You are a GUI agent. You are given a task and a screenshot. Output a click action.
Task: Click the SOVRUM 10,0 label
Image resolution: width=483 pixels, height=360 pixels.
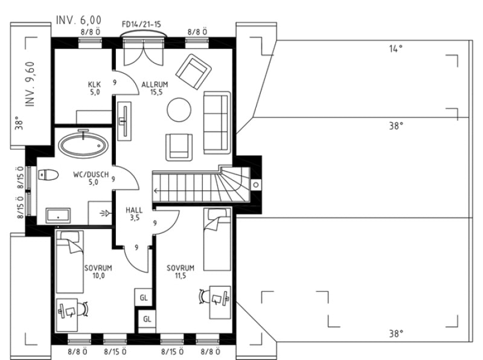point(98,272)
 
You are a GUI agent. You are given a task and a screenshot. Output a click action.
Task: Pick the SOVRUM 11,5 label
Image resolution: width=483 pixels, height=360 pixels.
point(181,272)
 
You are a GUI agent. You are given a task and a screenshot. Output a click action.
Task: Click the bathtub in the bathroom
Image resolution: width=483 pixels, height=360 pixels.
point(83,146)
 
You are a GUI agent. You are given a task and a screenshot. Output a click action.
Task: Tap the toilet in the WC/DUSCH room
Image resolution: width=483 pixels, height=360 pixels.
point(48,175)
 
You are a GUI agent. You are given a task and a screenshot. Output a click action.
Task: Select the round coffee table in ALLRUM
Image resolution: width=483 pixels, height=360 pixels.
point(179,110)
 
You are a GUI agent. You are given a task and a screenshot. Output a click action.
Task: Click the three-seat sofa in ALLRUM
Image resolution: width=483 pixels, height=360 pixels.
point(217,123)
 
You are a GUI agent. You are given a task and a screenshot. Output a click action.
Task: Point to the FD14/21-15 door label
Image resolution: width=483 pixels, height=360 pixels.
point(141,24)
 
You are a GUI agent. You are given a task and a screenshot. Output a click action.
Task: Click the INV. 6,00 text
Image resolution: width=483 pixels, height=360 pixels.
point(78,20)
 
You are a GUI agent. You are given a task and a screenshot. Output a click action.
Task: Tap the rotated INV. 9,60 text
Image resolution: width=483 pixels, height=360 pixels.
point(30,84)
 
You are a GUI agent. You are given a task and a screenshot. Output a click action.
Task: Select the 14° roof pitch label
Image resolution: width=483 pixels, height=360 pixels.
point(396,49)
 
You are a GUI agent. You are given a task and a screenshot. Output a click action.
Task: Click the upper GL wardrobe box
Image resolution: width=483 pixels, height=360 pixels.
point(144,297)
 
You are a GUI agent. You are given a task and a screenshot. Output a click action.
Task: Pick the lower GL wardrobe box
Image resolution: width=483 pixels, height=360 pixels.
point(147,319)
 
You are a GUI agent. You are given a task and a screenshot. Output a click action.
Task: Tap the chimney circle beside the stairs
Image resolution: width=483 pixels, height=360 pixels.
point(256,185)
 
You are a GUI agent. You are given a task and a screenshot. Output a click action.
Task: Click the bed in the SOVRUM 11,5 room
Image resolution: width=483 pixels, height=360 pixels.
point(217,239)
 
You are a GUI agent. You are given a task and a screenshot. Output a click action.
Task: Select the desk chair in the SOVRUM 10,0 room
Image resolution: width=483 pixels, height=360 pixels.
point(83,309)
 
